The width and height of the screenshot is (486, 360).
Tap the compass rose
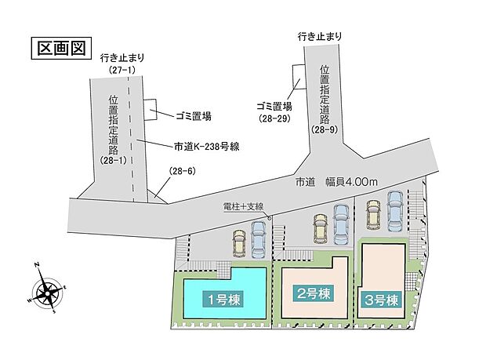pyautogui.click(x=47, y=293)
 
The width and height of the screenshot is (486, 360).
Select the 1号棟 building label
pyautogui.click(x=222, y=298)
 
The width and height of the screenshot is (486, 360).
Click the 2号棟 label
pyautogui.click(x=312, y=293)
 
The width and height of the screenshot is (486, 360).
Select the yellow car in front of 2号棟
pyautogui.click(x=321, y=228)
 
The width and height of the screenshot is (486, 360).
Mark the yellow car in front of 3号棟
pyautogui.click(x=373, y=213)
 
